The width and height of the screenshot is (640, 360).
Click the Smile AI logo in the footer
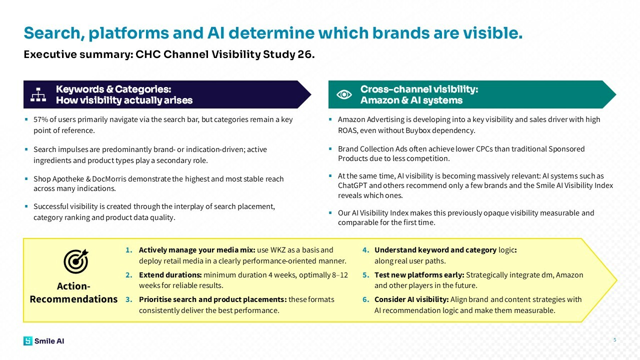tap(43, 341)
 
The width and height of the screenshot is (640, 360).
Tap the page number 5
tap(614, 340)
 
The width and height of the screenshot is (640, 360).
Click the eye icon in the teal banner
tap(344, 94)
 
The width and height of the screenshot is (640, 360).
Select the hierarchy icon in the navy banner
tap(38, 94)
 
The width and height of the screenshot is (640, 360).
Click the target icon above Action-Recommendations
tap(75, 261)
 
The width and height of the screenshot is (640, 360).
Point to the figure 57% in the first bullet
tap(40, 120)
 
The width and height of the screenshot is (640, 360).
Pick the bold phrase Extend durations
tap(170, 275)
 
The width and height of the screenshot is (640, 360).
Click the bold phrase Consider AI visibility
tap(411, 299)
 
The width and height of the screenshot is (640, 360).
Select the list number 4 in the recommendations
tap(365, 250)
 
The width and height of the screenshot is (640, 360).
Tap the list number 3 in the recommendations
tap(128, 299)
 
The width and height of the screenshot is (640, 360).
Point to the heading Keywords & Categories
tap(113, 89)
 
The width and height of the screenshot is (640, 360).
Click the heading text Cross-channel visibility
tap(419, 89)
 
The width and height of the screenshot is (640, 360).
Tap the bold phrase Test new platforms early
tap(419, 275)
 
